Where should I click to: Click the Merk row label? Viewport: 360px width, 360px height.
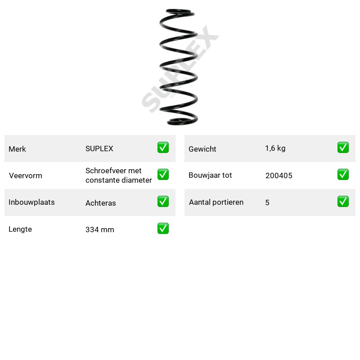click(17, 149)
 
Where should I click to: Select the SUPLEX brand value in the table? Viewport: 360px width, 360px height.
click(99, 148)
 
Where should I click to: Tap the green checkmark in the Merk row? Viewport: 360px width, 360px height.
click(163, 148)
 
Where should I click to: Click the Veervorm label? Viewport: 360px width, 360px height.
click(26, 175)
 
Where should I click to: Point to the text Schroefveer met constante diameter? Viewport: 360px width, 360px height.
click(118, 175)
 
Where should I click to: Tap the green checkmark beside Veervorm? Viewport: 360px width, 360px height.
click(163, 175)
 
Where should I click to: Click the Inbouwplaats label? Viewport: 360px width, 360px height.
click(31, 202)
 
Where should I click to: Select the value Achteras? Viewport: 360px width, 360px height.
click(100, 203)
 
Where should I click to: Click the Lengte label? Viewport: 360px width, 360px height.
click(20, 229)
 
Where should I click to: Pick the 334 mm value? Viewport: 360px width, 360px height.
click(99, 229)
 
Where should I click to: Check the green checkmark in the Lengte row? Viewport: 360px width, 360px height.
click(163, 229)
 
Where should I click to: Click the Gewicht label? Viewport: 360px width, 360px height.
click(202, 149)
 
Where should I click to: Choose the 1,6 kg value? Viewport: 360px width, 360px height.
click(275, 148)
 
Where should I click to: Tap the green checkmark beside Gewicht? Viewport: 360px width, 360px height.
click(343, 148)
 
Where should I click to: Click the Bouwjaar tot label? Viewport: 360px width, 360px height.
click(210, 175)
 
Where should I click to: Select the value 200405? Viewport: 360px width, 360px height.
click(279, 175)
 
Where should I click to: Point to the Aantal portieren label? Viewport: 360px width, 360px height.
click(216, 202)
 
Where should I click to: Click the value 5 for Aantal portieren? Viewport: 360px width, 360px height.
click(267, 202)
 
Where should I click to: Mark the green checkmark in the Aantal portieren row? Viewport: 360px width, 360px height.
click(343, 201)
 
